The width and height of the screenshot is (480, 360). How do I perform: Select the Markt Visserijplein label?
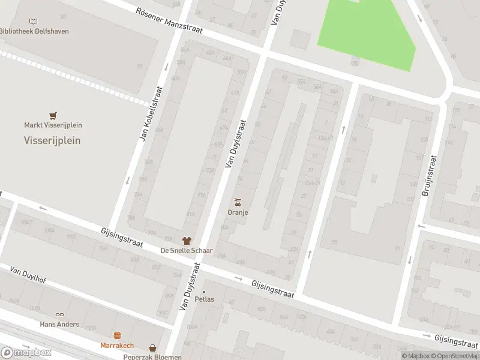[x=53, y=125]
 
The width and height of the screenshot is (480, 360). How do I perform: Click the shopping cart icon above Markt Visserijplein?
[x=53, y=115]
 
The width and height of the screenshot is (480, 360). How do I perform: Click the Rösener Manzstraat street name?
[x=169, y=21]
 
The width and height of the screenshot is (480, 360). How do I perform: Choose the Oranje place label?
[x=238, y=212]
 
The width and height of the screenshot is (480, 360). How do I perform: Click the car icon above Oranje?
[x=238, y=202]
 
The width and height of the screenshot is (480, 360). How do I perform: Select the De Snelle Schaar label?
[x=187, y=250]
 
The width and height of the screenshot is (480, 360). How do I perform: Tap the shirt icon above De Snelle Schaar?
[x=187, y=240]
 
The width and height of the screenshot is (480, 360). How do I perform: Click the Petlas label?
[x=204, y=299]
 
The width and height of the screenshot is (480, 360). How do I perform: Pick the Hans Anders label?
[x=59, y=324]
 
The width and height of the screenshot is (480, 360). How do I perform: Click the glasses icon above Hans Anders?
[x=59, y=314]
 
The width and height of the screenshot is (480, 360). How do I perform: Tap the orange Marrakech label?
[x=117, y=346]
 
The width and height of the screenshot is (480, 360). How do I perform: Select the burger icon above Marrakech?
[x=117, y=336]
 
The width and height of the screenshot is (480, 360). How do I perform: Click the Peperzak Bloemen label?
[x=152, y=356]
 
